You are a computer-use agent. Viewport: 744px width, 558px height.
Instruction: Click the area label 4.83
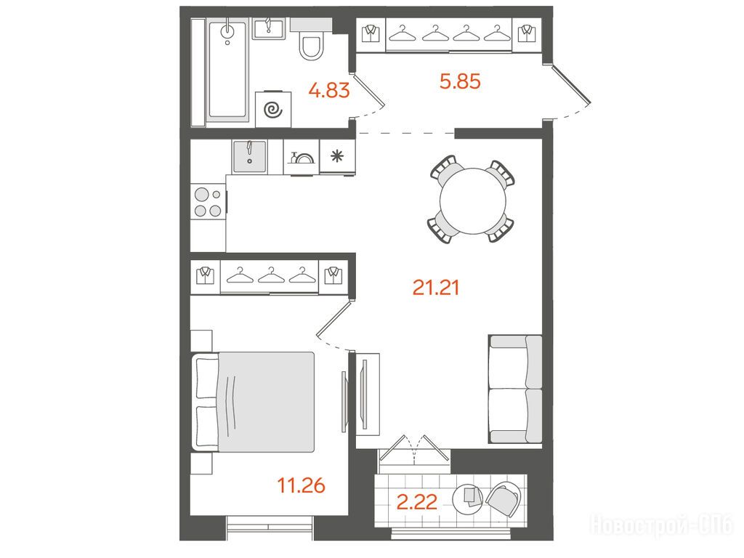coord(329,89)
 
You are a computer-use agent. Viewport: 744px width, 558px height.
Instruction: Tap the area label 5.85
coord(460,81)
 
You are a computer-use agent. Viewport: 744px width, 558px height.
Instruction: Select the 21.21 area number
coord(436,288)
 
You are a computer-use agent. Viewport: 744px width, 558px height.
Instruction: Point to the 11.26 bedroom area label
coord(301,485)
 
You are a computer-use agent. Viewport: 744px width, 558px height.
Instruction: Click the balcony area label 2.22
coord(416,502)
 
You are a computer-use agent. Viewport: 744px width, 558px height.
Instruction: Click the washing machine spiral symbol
coord(273,110)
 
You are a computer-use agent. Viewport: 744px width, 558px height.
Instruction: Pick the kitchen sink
coord(250,157)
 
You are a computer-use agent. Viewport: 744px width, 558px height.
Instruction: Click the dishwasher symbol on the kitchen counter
coord(302,157)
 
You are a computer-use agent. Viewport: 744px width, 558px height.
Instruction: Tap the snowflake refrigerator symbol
coord(337,156)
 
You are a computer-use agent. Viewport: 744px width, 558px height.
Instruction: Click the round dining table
coord(472,201)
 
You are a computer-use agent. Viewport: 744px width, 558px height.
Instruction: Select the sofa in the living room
coord(515,389)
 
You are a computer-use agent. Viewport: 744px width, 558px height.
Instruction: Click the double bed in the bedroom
coord(254,401)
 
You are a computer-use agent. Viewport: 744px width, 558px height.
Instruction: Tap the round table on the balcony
coord(468,499)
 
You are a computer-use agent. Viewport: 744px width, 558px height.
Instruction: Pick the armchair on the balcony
coord(503,499)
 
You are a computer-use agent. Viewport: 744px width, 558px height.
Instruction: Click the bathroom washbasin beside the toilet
coord(269,28)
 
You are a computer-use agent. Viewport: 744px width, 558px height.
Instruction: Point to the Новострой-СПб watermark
coord(662,525)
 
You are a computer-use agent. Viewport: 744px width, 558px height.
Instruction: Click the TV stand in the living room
coord(368,394)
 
